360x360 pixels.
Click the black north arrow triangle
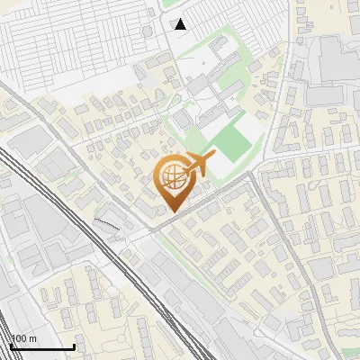click(181, 24)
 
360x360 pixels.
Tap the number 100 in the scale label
click(21, 338)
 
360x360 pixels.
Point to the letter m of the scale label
click(33, 338)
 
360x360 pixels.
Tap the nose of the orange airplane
click(214, 157)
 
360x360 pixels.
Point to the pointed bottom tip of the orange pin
click(173, 211)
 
